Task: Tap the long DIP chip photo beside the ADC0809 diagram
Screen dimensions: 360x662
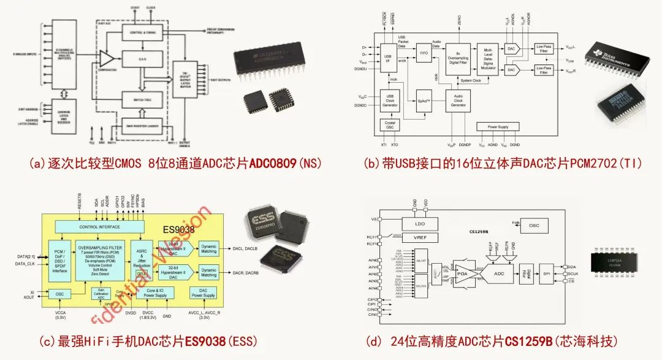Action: pos(280,60)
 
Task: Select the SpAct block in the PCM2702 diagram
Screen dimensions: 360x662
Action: pos(424,100)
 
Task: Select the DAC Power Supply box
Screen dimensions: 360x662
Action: pos(203,293)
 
